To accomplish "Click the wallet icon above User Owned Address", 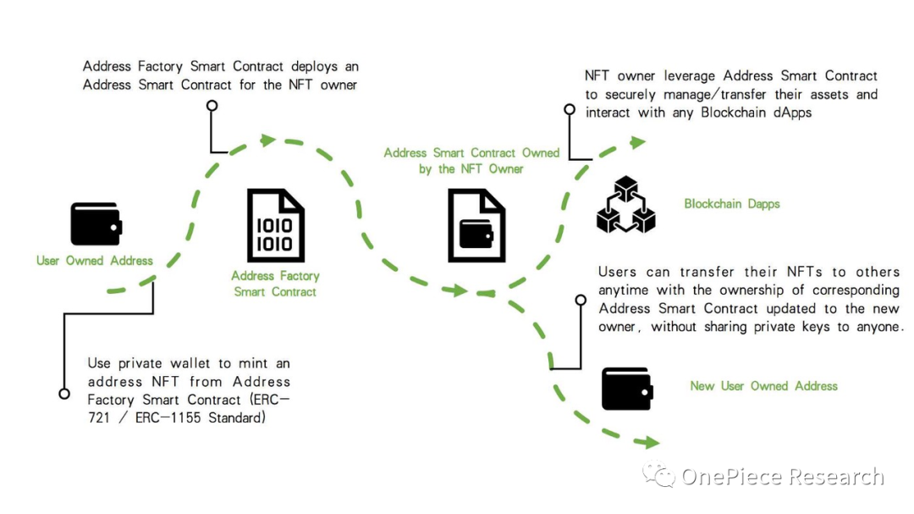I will click(x=96, y=224).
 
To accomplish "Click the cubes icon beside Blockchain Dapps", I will click(x=626, y=204).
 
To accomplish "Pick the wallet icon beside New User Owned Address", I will click(x=625, y=389).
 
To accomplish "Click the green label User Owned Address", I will click(x=95, y=261).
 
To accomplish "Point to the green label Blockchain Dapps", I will click(x=732, y=204).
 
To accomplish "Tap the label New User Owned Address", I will click(x=763, y=386).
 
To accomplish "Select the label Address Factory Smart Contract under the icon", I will click(x=275, y=284).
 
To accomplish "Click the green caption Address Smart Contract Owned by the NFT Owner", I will click(x=471, y=161).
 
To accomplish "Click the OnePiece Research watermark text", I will click(x=782, y=477).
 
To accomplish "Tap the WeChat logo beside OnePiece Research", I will click(x=658, y=475).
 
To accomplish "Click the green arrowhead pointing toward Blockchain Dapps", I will click(x=636, y=142).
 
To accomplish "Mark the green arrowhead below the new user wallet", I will click(x=649, y=442).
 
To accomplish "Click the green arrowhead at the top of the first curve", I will click(x=268, y=141).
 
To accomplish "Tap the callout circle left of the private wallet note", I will click(x=63, y=394).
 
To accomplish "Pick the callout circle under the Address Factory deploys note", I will click(x=212, y=107).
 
